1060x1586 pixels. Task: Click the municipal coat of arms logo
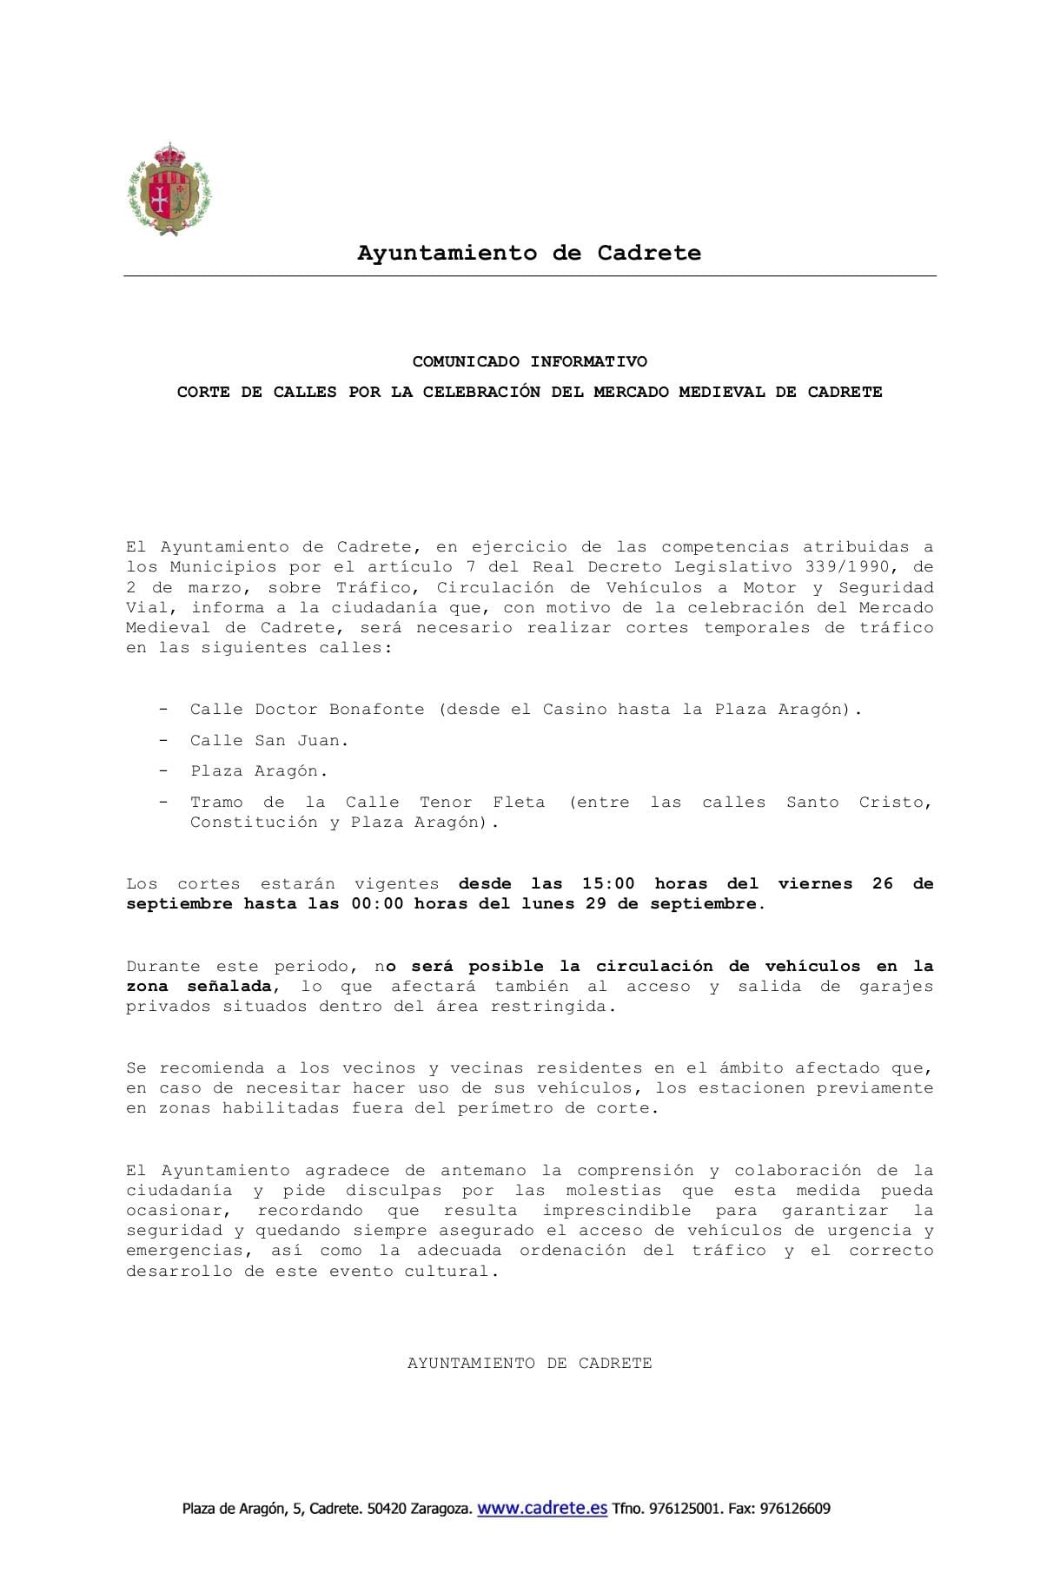click(169, 190)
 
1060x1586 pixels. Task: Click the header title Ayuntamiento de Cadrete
click(529, 253)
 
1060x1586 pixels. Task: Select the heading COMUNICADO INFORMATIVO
click(529, 361)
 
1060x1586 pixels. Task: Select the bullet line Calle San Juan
click(269, 741)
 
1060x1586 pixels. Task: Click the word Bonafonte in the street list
click(376, 710)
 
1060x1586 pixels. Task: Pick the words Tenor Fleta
click(482, 803)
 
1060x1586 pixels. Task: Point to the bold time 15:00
click(608, 884)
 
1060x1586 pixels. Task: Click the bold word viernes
click(815, 884)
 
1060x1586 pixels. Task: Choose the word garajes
click(896, 987)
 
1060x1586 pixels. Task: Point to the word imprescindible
click(617, 1211)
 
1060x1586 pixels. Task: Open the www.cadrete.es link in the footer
click(542, 1509)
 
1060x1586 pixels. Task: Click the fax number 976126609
click(794, 1510)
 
